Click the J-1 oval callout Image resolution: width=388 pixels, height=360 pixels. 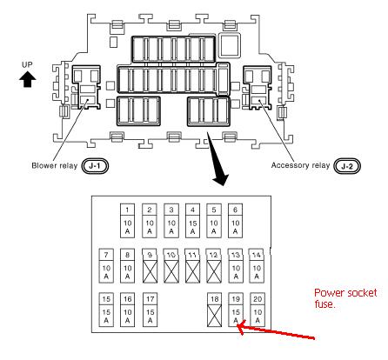click(95, 166)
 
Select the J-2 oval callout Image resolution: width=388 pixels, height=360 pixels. click(347, 166)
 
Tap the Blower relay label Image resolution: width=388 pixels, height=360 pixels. click(55, 166)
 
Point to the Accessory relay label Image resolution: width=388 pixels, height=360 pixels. click(300, 165)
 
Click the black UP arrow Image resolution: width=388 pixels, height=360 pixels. click(28, 79)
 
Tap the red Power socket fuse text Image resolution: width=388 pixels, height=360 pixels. click(345, 298)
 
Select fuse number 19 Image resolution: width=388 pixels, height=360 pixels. click(236, 310)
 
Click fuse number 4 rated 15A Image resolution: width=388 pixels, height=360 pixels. click(192, 221)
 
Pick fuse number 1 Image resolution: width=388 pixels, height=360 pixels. click(127, 221)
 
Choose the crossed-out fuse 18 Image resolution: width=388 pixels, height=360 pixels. click(215, 310)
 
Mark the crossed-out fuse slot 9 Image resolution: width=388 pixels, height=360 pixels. click(150, 265)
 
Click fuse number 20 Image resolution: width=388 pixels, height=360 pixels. click(258, 310)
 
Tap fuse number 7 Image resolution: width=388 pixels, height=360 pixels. click(106, 265)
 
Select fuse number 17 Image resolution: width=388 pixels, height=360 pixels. click(150, 310)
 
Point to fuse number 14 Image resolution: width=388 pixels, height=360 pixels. click(257, 265)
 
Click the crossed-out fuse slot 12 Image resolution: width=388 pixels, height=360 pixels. click(214, 265)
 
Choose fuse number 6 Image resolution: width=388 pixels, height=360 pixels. click(235, 221)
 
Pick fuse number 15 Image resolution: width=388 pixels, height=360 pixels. click(106, 310)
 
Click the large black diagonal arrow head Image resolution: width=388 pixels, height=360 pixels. click(221, 178)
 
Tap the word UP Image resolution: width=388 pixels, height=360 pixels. click(27, 64)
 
